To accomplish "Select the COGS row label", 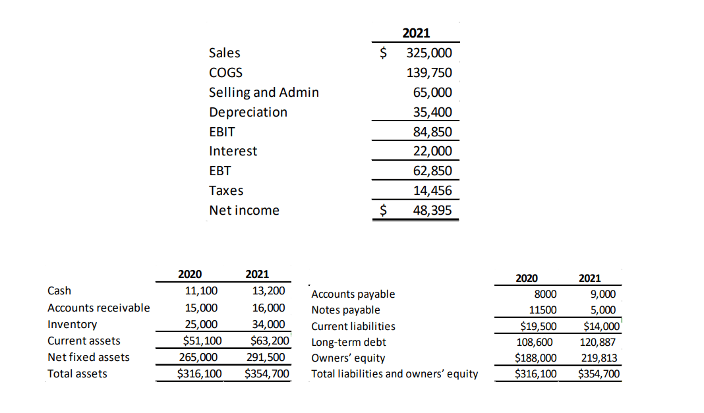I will point(225,72).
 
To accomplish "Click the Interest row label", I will point(233,151).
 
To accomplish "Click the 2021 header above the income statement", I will point(415,33).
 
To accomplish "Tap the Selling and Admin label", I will point(264,92).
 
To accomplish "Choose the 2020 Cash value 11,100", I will point(202,290).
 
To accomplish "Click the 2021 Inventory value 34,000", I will point(268,324).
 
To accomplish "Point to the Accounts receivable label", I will point(99,308).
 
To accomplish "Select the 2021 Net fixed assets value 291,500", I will point(268,357).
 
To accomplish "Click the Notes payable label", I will point(345,310).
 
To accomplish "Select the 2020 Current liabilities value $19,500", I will point(539,326).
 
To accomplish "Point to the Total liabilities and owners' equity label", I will point(394,375).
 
